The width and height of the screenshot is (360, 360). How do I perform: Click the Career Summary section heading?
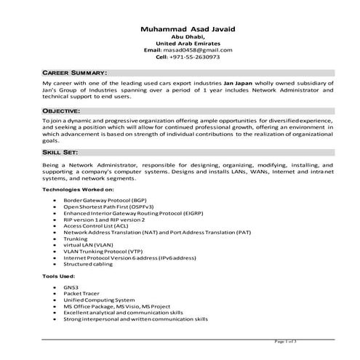pyautogui.click(x=74, y=73)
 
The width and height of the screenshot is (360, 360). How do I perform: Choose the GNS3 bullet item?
pyautogui.click(x=70, y=287)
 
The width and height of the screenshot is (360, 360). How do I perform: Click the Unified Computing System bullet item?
pyautogui.click(x=99, y=300)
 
